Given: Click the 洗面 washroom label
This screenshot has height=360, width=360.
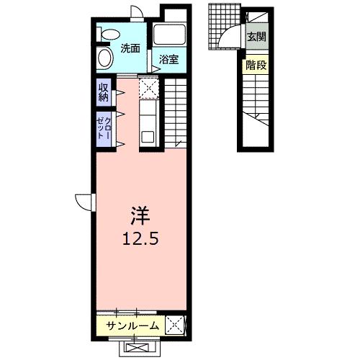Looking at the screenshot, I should pos(130,49).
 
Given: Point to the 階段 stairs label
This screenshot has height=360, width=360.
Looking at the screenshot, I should pos(256,65).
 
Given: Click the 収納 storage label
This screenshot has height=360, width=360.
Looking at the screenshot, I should pos(104,92).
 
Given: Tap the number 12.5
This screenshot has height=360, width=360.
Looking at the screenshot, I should pos(140,240).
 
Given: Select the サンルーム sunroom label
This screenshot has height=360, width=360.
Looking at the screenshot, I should pos(132,326).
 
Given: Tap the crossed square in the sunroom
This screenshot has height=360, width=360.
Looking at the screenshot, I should pos(175,325).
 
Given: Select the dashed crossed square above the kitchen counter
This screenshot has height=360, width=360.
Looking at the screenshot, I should pos(148,88).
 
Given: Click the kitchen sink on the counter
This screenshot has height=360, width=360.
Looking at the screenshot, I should pos(148,135).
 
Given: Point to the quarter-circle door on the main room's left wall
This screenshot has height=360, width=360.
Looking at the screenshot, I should pos(85,202).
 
